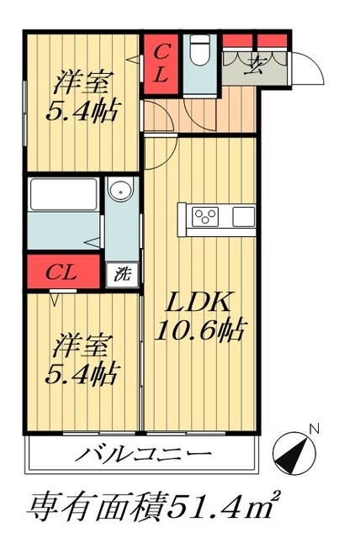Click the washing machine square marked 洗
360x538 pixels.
click(123, 273)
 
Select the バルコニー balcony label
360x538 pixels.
click(143, 456)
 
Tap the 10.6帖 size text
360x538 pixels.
click(202, 330)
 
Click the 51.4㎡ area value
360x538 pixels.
click(224, 507)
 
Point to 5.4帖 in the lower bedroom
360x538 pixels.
click(82, 371)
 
